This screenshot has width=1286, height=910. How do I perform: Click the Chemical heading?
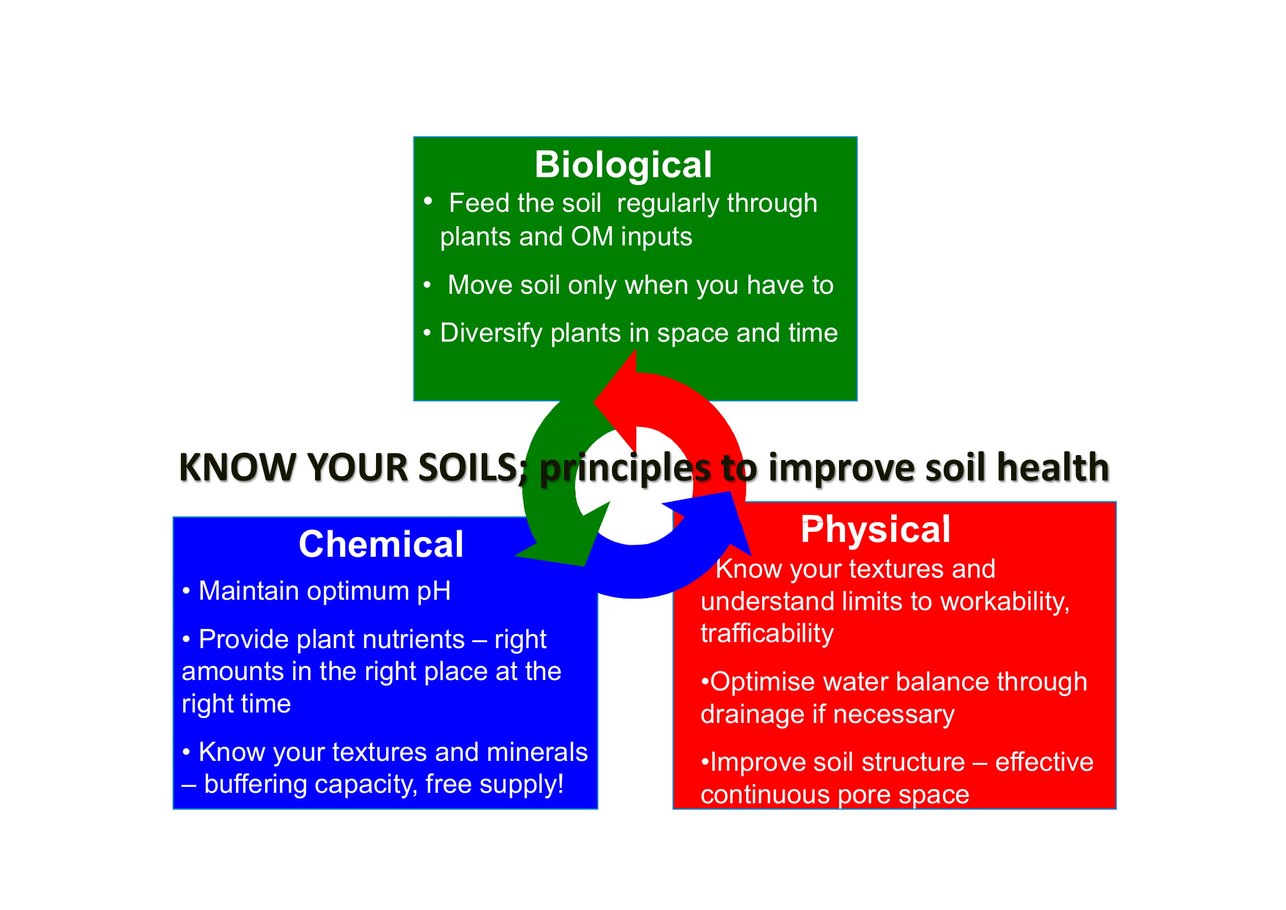click(381, 544)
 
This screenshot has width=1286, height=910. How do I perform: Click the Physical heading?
click(875, 529)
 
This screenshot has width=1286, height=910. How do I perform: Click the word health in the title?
click(1053, 467)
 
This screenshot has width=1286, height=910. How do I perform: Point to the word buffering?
click(264, 785)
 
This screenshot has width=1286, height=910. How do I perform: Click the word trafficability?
click(767, 634)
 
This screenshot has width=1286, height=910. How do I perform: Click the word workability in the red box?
click(1005, 602)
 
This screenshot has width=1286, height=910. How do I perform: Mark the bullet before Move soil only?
click(427, 285)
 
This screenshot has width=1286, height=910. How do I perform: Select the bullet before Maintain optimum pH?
click(186, 591)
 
